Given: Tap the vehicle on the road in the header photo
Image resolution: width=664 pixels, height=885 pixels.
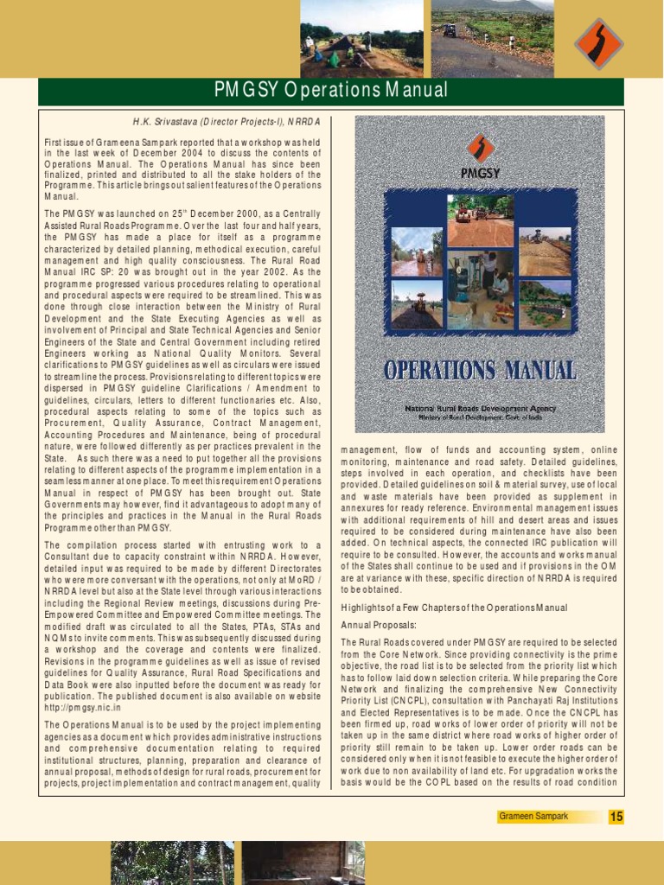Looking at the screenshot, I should pos(450,30).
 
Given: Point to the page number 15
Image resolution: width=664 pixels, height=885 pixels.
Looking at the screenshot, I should pos(616,817).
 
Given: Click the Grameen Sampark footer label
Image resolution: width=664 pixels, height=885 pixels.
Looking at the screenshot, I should pos(533,817).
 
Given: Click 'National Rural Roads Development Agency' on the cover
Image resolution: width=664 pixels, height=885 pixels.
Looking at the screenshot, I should pos(481,408).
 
